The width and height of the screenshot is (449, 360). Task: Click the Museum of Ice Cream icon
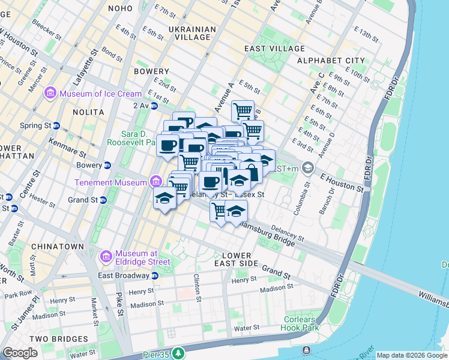[x=49, y=94]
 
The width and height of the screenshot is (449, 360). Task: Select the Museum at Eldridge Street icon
[x=106, y=256]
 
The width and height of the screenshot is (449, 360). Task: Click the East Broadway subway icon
[x=154, y=275]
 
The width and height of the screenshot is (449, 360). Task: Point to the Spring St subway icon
[x=56, y=126]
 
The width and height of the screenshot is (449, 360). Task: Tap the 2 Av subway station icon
[x=154, y=106]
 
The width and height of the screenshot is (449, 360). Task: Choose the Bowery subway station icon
[x=107, y=165]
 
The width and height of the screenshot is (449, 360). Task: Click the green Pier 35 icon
[x=178, y=353]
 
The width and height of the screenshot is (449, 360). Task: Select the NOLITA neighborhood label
[x=87, y=112]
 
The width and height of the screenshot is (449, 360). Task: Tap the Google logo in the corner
[x=20, y=353]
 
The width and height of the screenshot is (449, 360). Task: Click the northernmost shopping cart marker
[x=243, y=110]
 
